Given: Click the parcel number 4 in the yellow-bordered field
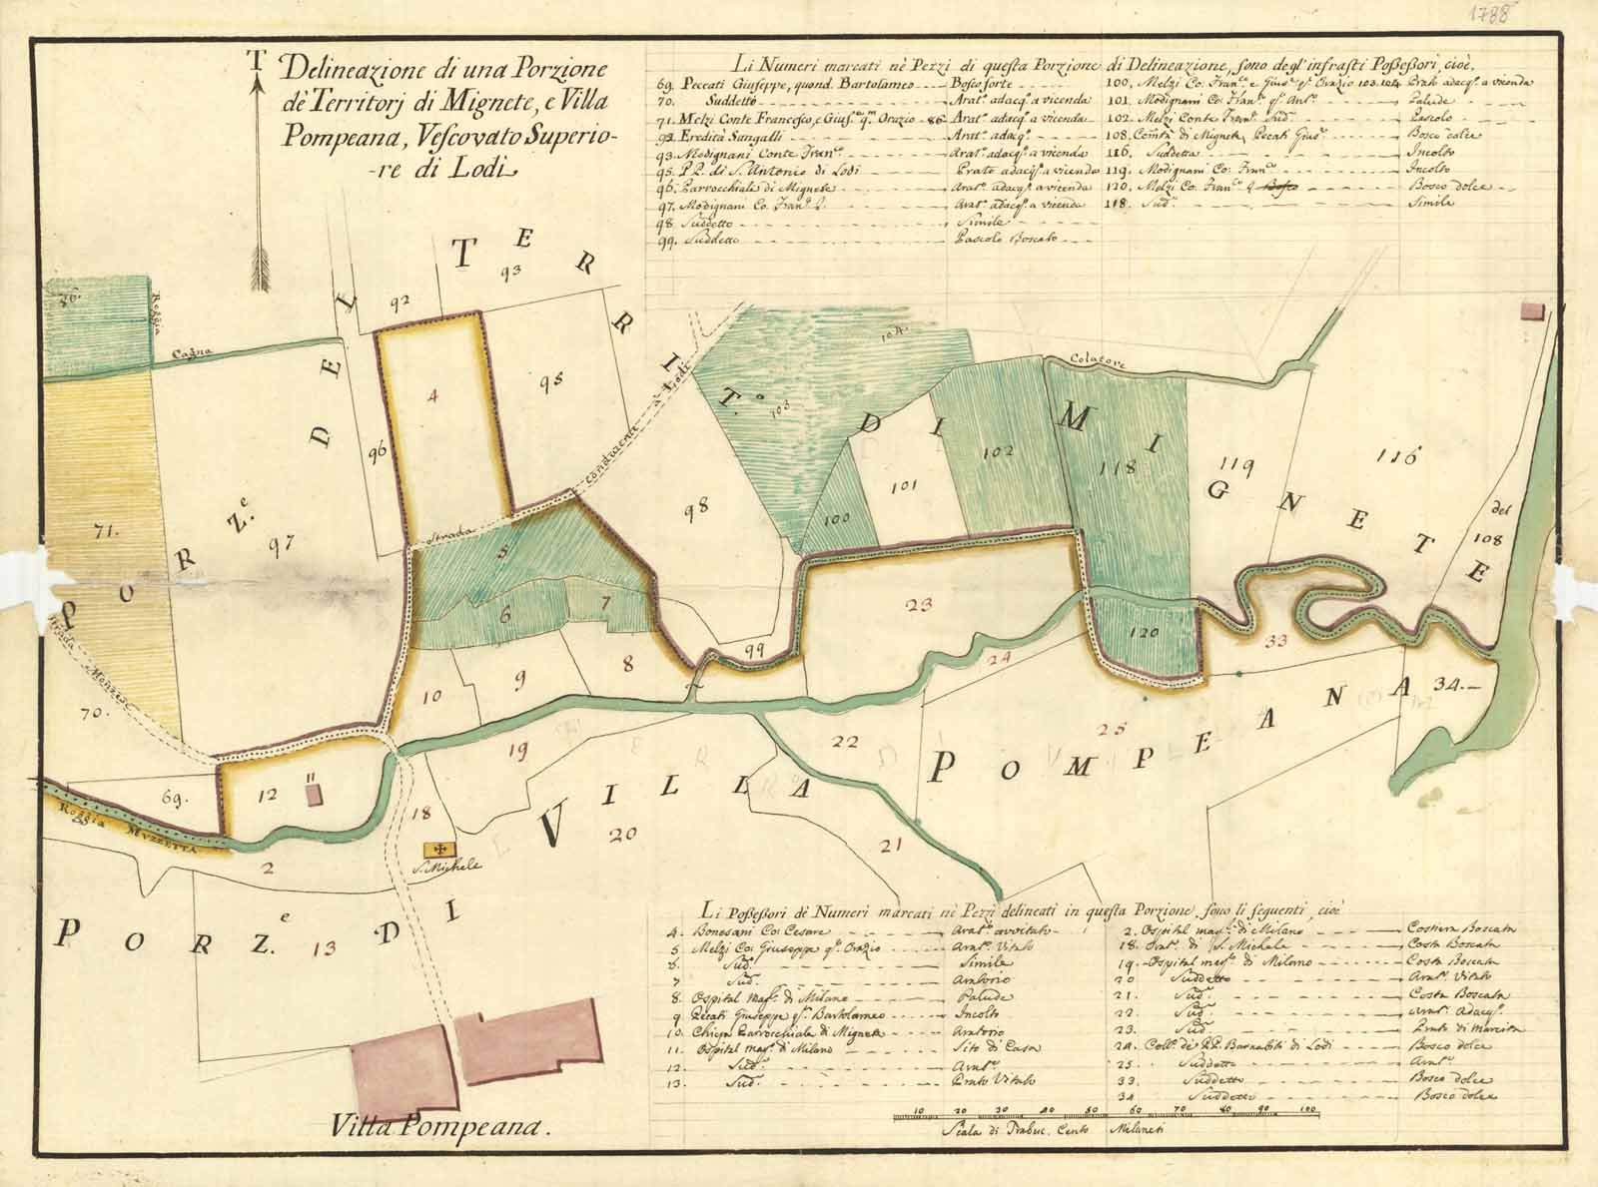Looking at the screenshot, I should [x=431, y=396].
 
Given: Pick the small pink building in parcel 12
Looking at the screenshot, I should [x=314, y=795].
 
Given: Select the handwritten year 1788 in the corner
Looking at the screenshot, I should [x=1545, y=16].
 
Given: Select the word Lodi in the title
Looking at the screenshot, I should [x=486, y=171].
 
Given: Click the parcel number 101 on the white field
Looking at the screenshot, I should [x=902, y=487].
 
